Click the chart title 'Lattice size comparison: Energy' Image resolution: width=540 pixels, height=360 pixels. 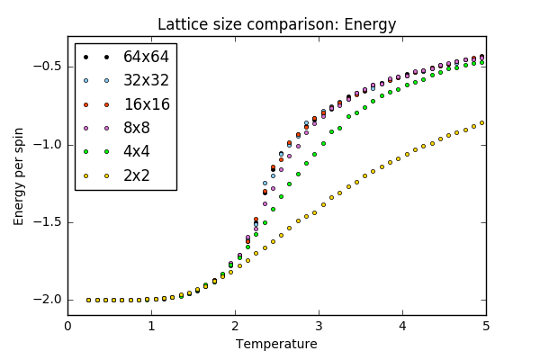[276, 24]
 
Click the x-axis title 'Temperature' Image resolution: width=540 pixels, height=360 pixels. [276, 344]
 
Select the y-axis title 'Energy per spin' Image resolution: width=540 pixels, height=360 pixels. [19, 175]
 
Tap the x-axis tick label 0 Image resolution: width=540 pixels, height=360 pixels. [67, 327]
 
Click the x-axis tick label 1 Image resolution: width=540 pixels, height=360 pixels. [151, 327]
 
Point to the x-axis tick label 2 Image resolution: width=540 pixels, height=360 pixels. [235, 327]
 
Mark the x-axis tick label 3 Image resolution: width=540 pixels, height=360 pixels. [319, 327]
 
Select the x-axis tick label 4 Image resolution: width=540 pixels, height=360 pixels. [402, 327]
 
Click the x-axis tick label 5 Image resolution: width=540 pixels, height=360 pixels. [486, 327]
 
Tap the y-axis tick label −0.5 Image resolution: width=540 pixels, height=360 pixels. [45, 67]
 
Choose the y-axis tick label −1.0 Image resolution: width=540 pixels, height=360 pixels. [45, 145]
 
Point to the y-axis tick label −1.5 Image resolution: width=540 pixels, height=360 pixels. [45, 222]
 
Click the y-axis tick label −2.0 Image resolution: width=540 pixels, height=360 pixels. [45, 300]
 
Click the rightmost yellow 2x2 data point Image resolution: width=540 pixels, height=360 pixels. [482, 122]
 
